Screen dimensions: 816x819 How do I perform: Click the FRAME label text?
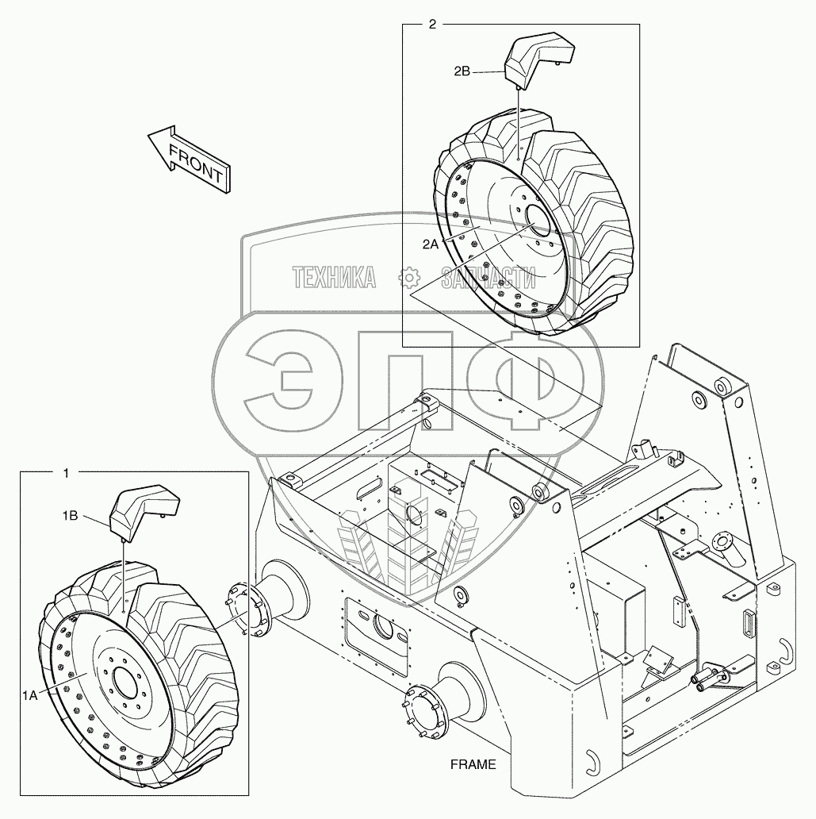coord(473,765)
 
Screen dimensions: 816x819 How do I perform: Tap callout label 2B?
coord(462,71)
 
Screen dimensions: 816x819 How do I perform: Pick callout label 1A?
coord(30,695)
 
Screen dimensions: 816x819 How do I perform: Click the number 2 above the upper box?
coord(431,25)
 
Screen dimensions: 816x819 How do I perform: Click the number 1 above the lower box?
coord(66,473)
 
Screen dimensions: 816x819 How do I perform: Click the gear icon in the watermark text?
coord(409,277)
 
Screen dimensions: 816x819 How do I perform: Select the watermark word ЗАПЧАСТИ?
coord(488,278)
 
